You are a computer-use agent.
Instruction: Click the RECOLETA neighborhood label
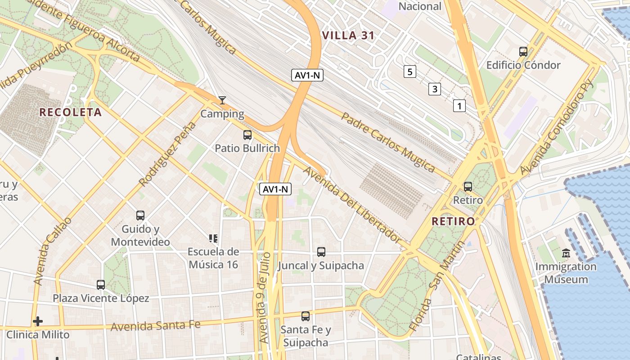point(71,112)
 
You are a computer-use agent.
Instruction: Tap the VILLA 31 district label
point(348,36)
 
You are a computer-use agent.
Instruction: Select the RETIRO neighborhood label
point(453,221)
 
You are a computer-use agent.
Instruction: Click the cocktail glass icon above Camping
point(222,100)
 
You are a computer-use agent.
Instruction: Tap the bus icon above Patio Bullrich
point(247,135)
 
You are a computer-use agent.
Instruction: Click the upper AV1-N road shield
point(308,75)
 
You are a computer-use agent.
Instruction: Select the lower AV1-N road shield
point(276,189)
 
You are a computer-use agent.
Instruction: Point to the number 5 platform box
point(409,71)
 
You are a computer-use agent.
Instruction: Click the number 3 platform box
point(434,89)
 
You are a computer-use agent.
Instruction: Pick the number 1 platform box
point(459,106)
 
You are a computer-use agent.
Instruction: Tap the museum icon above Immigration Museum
point(566,253)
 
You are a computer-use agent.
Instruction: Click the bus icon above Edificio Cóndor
point(523,51)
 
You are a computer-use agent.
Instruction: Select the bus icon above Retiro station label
point(468,186)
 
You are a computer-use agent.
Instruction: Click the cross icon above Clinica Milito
point(38,321)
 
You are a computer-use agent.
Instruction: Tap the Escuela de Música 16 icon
point(213,238)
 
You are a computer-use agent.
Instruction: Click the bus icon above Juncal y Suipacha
point(321,252)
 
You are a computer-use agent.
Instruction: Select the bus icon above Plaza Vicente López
point(101,285)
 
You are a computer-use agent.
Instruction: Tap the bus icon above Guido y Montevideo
point(140,216)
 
